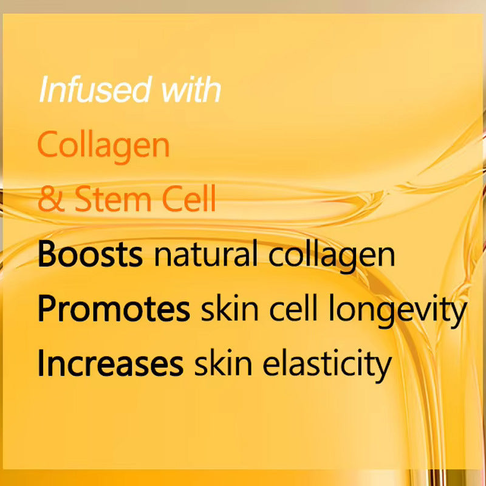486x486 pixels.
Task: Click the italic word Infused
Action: [x=94, y=89]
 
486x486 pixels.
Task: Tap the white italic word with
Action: [x=190, y=89]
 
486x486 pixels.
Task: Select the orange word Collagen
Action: [x=103, y=146]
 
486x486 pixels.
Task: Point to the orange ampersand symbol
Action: [x=50, y=200]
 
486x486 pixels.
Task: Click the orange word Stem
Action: [x=112, y=200]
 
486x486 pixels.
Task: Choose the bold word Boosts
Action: [x=90, y=256]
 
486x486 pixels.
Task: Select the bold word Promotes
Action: [x=114, y=309]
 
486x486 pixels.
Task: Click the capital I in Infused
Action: [x=43, y=89]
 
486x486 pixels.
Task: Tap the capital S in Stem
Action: [x=82, y=200]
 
